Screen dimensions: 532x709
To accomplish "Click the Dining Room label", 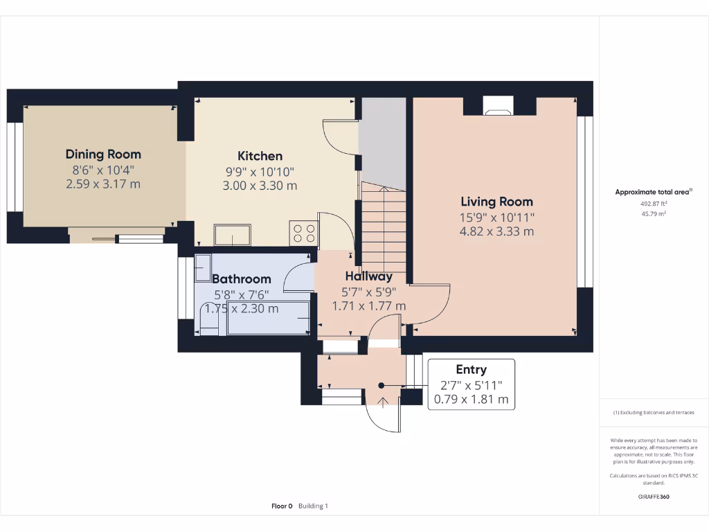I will point(103,154).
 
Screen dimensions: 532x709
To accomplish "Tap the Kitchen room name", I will point(260,156).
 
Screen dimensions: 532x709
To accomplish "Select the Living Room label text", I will point(496,202).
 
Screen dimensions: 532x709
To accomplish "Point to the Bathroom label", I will point(241,279).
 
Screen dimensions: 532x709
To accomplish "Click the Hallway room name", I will point(368,277).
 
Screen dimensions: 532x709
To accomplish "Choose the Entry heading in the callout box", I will point(471,370).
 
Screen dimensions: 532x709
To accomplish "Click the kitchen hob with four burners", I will point(303,233).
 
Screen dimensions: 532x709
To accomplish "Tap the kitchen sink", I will point(232,236).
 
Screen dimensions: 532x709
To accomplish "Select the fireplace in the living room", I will point(498,106).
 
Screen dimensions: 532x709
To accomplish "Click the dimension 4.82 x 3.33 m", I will point(496,231).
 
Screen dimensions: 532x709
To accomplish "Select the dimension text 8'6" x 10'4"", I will point(103,170).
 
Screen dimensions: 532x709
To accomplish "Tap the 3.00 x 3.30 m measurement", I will point(260,186).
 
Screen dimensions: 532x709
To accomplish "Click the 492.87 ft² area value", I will point(654,204).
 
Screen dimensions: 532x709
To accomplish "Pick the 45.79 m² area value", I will point(654,214).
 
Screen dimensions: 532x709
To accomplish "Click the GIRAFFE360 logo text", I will point(654,497).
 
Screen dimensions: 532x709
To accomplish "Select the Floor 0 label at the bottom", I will point(282,506).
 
